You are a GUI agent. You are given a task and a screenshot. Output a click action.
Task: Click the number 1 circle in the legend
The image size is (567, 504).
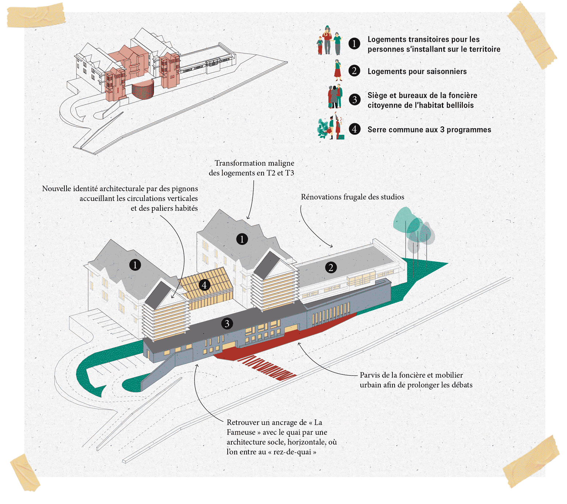pyautogui.click(x=354, y=44)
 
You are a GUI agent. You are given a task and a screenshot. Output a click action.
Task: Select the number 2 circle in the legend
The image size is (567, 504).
pyautogui.click(x=354, y=71)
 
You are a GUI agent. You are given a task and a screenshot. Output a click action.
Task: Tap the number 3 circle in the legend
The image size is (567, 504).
pyautogui.click(x=354, y=100)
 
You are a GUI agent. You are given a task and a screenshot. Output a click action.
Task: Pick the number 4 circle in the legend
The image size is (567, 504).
pyautogui.click(x=354, y=129)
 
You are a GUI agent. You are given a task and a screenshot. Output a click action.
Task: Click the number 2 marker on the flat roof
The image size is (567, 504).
pyautogui.click(x=331, y=268)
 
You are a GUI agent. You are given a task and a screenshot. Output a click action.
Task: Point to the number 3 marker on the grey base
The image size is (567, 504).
pyautogui.click(x=227, y=323)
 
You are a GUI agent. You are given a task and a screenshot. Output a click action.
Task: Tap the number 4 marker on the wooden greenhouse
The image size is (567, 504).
pyautogui.click(x=204, y=285)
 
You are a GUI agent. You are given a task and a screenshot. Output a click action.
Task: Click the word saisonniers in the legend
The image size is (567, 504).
pyautogui.click(x=447, y=72)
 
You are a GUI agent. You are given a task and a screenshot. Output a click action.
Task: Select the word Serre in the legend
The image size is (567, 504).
pyautogui.click(x=377, y=130)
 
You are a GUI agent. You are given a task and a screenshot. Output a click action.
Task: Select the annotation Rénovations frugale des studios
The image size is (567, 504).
pyautogui.click(x=352, y=197)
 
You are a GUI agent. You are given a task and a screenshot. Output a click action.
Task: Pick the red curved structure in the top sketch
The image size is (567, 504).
pyautogui.click(x=143, y=90)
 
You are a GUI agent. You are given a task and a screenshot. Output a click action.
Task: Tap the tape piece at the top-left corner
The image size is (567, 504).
pyautogui.click(x=35, y=15)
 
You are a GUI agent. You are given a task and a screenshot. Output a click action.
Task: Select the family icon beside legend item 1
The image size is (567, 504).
pyautogui.click(x=329, y=41)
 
